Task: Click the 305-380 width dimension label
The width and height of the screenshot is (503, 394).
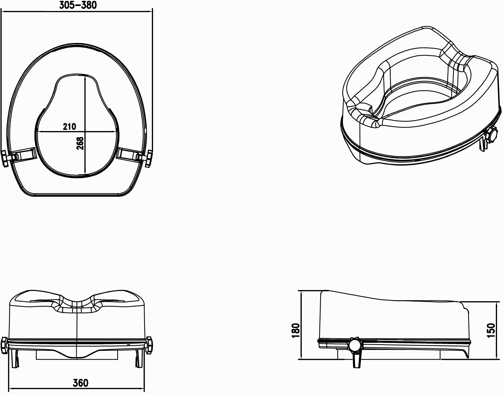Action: click(78, 5)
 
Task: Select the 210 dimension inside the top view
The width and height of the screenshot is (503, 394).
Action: click(70, 127)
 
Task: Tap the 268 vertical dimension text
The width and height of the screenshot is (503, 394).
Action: click(80, 143)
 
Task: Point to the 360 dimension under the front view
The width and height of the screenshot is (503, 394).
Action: click(80, 383)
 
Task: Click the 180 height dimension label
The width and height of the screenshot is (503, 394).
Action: click(295, 331)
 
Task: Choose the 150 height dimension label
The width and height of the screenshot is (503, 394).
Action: click(491, 331)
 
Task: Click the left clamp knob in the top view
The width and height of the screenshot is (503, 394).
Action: click(6, 158)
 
